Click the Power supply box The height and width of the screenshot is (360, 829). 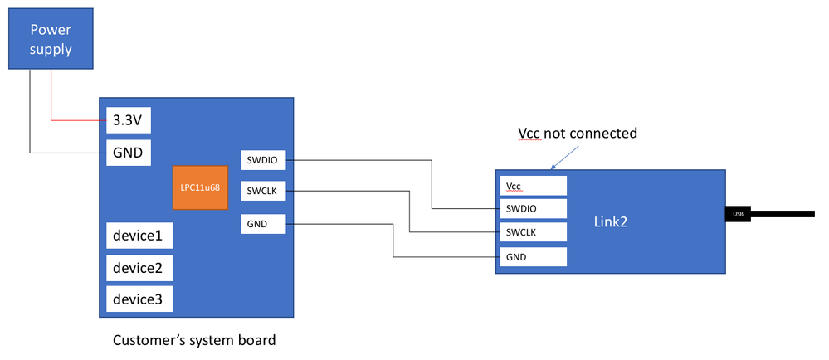51,40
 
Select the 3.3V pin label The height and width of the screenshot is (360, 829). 127,120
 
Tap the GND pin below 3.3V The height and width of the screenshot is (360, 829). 127,152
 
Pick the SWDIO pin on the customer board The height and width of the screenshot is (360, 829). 263,159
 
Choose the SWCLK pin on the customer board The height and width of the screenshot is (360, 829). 263,192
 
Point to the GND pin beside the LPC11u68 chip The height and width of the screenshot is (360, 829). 263,223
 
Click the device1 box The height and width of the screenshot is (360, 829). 139,236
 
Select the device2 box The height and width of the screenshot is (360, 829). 139,268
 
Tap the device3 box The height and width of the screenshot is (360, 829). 139,299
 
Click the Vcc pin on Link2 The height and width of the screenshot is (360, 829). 532,185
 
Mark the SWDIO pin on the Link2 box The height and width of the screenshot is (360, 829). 532,208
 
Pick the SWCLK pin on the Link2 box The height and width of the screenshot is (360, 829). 532,232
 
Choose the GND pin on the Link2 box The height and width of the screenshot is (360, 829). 532,257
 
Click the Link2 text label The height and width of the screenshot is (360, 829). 611,221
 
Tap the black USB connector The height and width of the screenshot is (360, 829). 737,214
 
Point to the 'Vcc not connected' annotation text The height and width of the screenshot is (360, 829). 577,133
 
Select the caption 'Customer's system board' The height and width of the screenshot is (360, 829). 193,340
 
